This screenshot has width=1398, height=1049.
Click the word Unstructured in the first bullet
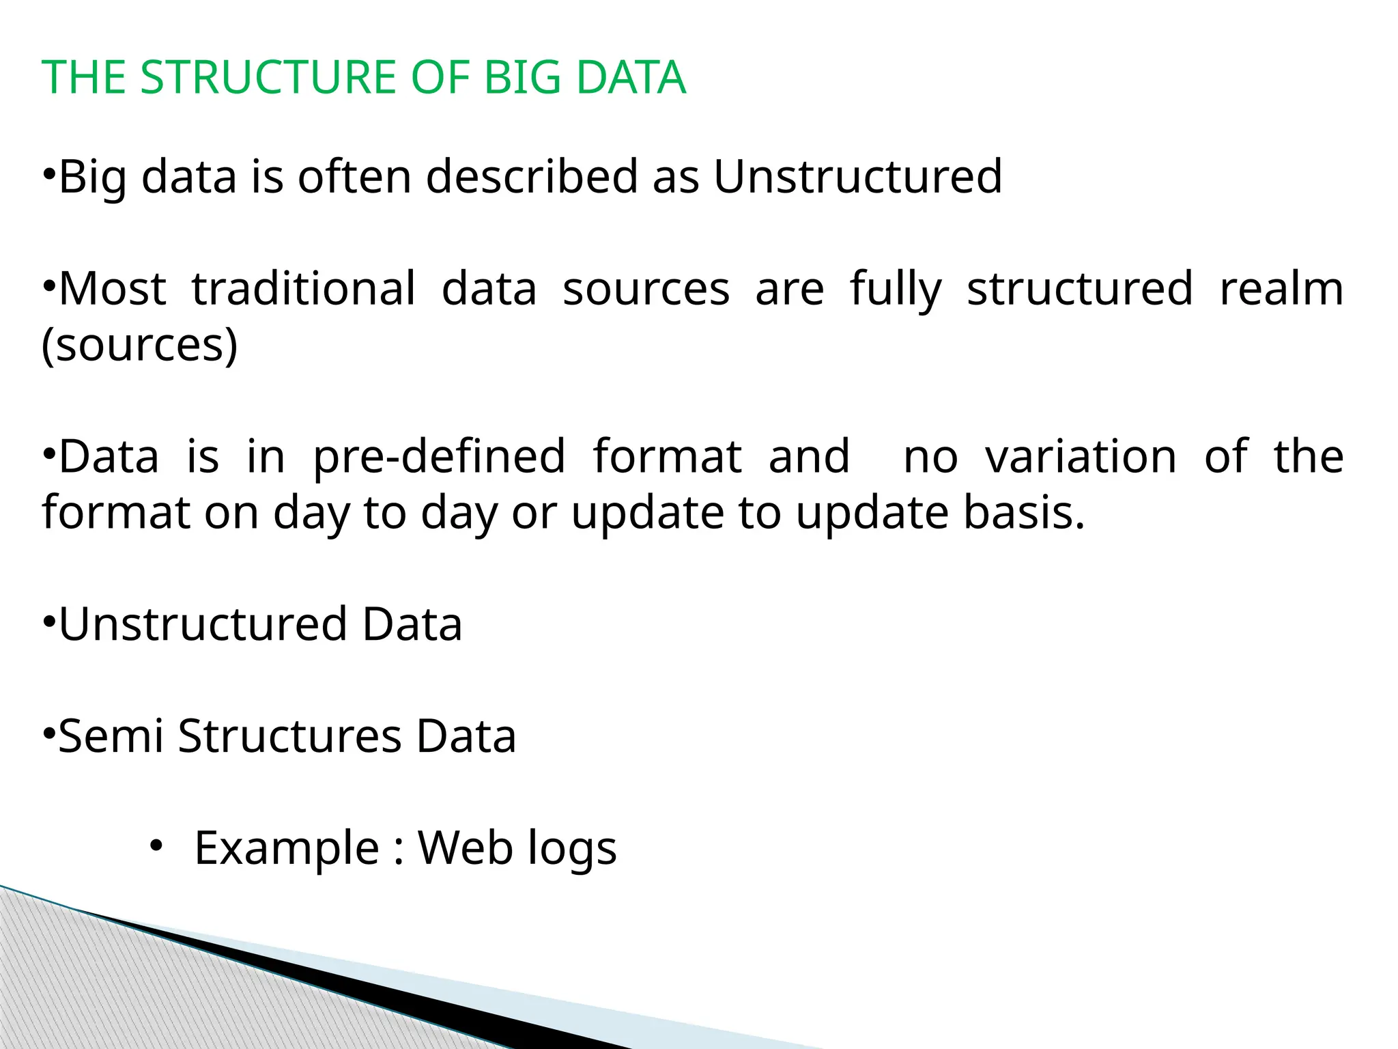(x=857, y=177)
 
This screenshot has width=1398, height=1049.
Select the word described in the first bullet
(x=532, y=177)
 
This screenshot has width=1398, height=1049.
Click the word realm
(x=1281, y=289)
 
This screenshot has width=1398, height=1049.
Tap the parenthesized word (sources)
(x=140, y=345)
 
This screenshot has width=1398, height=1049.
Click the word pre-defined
(x=439, y=456)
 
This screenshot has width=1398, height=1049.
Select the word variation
(x=1081, y=456)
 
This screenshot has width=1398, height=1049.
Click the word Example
(x=287, y=848)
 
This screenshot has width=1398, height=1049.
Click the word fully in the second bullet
(x=896, y=289)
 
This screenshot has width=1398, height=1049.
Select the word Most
(x=112, y=289)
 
